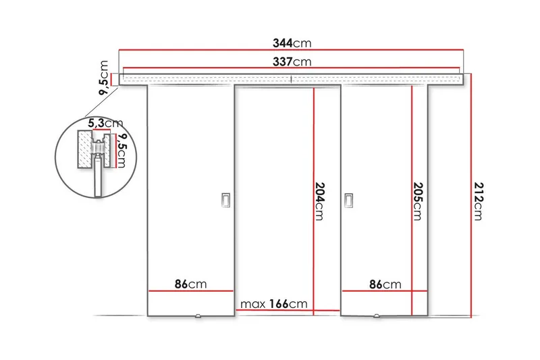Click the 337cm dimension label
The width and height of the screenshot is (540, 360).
[291, 63]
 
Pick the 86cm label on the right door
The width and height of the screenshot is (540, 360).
[385, 284]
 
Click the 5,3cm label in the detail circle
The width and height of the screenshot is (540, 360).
[105, 124]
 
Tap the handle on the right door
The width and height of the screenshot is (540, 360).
[348, 199]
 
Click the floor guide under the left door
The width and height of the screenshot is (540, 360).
[197, 316]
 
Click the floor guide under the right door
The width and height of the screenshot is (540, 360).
[377, 316]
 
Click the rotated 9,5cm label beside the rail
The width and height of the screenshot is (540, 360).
[104, 78]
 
